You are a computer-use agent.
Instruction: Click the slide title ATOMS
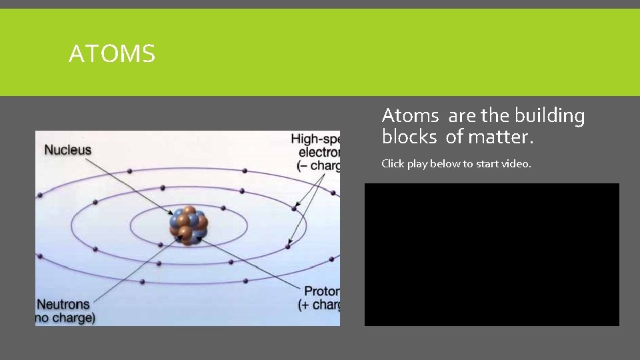(x=112, y=53)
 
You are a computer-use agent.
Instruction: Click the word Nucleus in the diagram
(x=67, y=151)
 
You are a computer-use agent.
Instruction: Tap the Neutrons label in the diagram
(x=63, y=304)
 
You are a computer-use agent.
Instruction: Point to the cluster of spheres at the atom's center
(x=189, y=225)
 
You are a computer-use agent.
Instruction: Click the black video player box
(x=491, y=254)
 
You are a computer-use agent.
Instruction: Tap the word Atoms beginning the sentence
(x=410, y=116)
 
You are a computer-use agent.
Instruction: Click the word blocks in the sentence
(x=409, y=138)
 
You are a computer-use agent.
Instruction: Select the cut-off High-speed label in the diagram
(x=315, y=139)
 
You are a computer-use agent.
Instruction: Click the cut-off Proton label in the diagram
(x=321, y=291)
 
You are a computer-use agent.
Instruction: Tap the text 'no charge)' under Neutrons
(x=65, y=318)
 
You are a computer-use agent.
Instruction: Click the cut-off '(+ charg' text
(x=319, y=305)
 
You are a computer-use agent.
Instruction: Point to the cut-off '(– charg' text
(x=317, y=166)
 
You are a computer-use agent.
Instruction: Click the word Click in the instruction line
(x=393, y=163)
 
